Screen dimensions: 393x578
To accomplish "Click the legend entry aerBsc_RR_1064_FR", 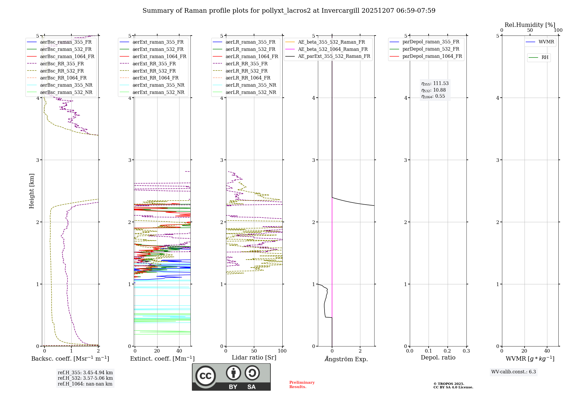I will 63,78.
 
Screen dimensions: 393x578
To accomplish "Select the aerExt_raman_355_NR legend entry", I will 158,85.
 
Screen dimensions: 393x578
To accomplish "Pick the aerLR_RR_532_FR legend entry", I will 247,71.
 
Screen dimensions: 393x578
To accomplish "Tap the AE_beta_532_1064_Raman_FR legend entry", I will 333,49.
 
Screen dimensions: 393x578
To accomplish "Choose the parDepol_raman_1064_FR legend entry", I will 432,56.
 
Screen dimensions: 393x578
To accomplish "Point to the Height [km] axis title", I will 32,191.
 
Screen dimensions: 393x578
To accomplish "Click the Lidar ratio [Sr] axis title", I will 254,357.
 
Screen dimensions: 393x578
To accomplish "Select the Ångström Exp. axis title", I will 346,359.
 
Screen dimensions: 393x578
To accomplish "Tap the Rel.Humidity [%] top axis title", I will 530,25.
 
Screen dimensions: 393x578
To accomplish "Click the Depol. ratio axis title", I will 438,357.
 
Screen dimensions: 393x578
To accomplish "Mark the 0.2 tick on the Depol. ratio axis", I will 447,351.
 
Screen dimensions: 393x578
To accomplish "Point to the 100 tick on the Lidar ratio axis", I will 282,351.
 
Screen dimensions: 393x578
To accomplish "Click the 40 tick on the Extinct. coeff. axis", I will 179,351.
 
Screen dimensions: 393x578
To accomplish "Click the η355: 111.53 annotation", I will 435,84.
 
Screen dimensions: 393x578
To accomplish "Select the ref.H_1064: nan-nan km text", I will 85,384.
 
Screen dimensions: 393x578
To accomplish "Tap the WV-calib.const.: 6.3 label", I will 514,372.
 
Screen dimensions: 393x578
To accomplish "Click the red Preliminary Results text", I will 302,385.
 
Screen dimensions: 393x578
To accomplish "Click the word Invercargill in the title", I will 340,11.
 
